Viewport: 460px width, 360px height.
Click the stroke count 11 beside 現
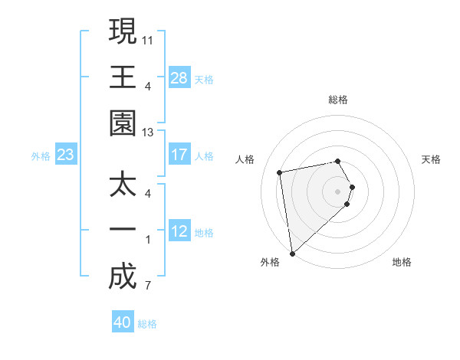tap(148, 38)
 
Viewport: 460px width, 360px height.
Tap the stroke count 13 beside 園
tap(148, 133)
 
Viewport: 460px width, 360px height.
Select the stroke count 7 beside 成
tap(147, 286)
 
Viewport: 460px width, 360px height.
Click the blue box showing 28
tap(179, 78)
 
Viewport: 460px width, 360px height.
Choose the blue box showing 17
tap(179, 155)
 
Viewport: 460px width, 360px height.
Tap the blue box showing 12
tap(179, 231)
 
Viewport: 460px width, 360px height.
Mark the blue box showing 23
tap(66, 155)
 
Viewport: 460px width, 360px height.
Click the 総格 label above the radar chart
tap(338, 100)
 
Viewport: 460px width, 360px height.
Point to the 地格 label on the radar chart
tap(402, 262)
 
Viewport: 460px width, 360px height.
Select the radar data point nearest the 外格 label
tap(292, 254)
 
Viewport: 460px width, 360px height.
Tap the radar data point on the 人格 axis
tap(280, 172)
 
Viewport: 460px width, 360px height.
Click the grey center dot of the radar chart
tap(338, 191)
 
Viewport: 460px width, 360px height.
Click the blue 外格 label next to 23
tap(41, 156)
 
